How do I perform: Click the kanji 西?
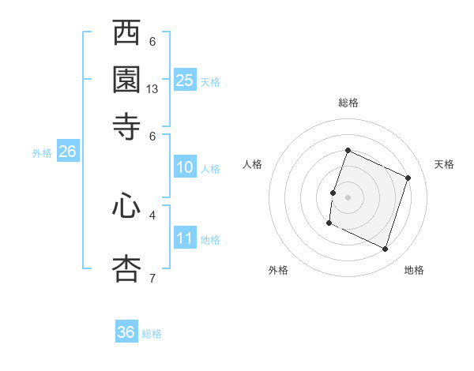(127, 35)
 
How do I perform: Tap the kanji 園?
(127, 79)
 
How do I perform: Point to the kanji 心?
(127, 208)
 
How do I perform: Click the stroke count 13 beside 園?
(152, 89)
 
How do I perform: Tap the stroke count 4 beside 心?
(152, 214)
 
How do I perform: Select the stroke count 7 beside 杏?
(152, 277)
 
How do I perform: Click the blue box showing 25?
(185, 80)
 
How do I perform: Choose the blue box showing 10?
(185, 167)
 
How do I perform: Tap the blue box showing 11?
(185, 238)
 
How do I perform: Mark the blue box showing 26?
(67, 152)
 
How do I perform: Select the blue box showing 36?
(126, 332)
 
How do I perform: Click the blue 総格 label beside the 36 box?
(152, 334)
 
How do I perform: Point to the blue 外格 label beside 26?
(42, 153)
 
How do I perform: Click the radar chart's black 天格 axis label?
(444, 164)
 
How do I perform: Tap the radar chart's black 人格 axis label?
(252, 164)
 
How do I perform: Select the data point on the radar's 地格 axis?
(386, 249)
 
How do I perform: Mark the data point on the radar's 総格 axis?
(348, 150)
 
